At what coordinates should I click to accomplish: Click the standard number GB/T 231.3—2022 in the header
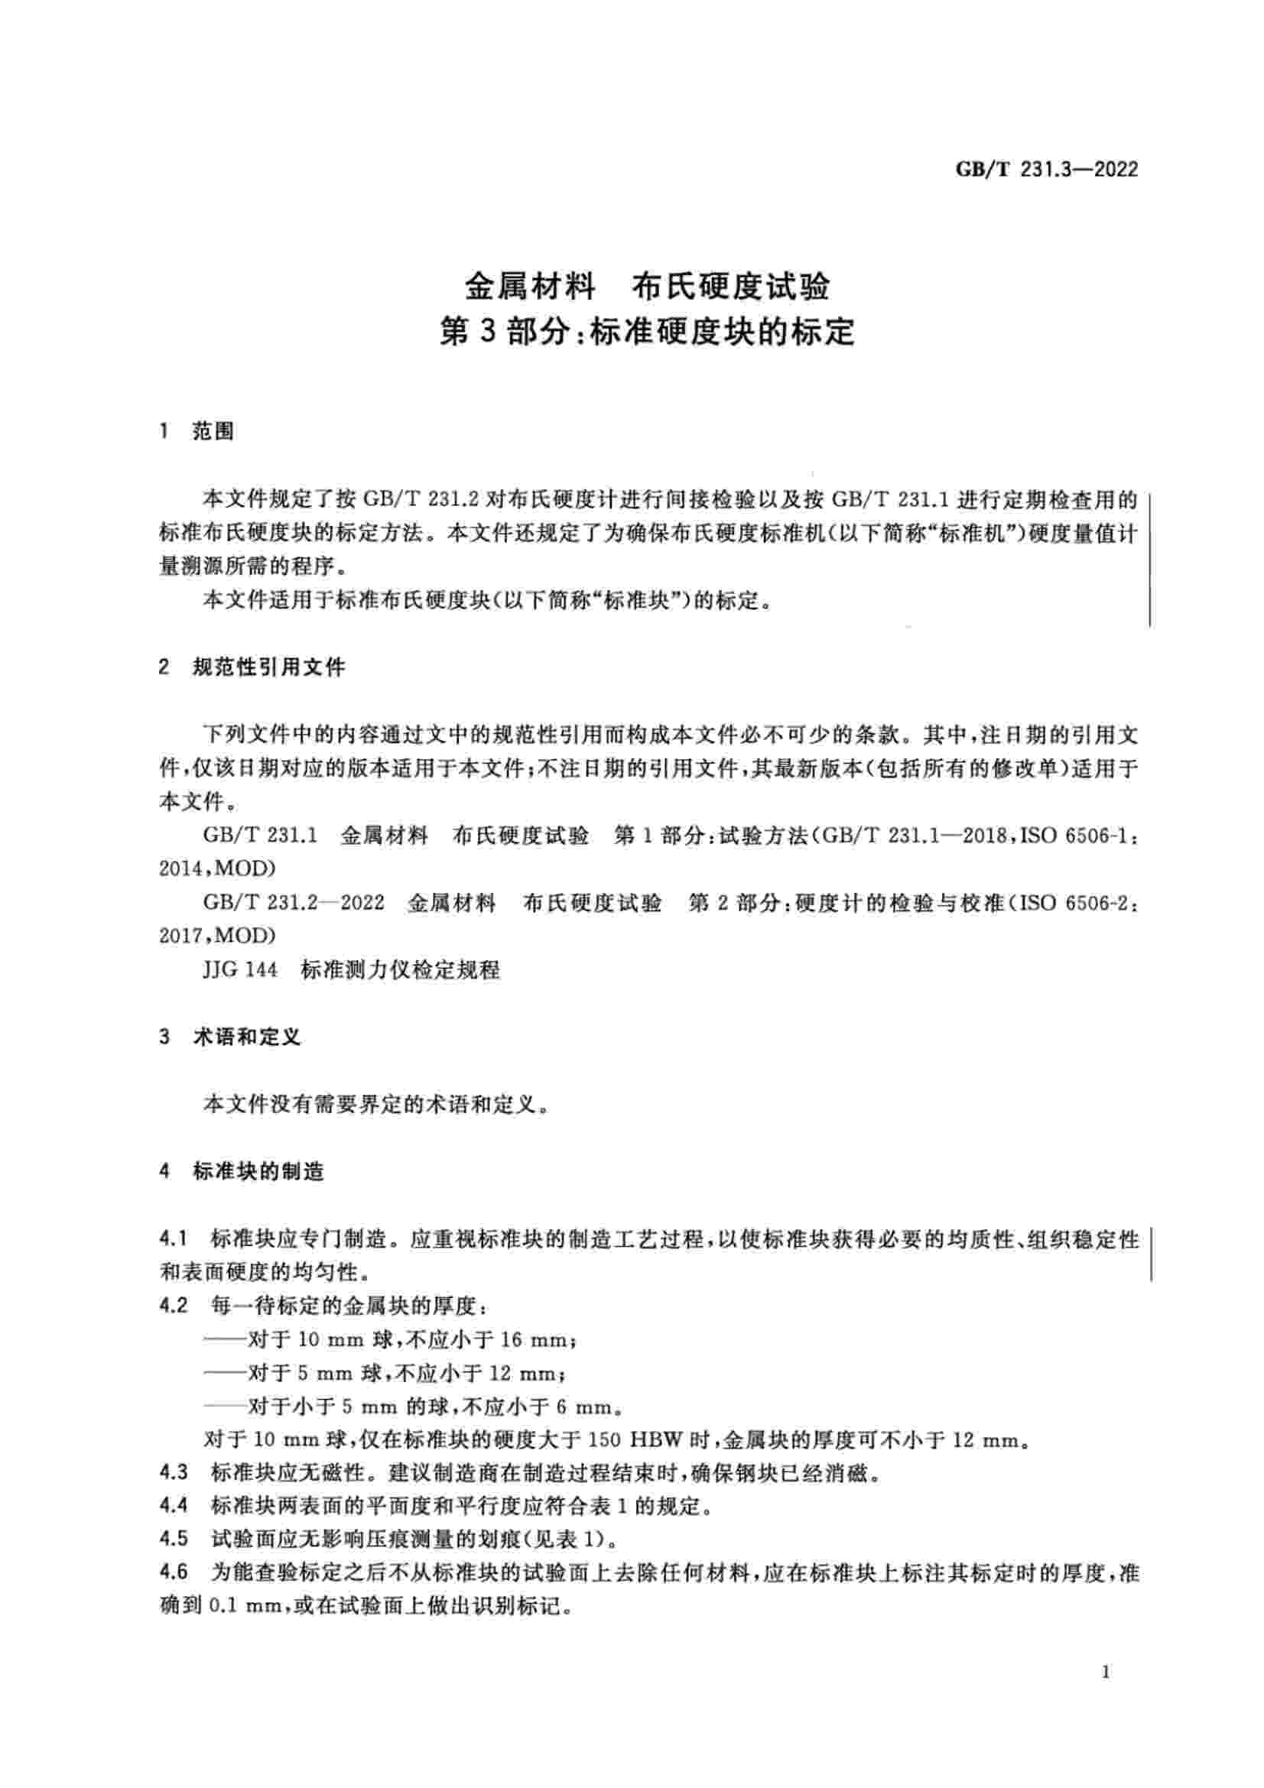click(x=1047, y=170)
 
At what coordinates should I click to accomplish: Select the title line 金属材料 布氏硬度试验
click(x=646, y=287)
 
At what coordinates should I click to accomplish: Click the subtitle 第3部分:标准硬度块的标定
click(x=646, y=333)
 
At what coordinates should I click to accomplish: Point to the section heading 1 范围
click(x=197, y=431)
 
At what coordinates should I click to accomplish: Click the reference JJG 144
click(x=240, y=970)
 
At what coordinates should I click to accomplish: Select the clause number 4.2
click(x=173, y=1305)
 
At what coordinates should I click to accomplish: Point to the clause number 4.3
click(x=173, y=1472)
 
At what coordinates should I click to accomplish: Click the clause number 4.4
click(x=173, y=1506)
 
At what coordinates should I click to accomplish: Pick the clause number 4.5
click(x=173, y=1540)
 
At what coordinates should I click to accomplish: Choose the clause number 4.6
click(x=173, y=1573)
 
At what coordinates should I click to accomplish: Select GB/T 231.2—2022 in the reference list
click(x=294, y=904)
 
